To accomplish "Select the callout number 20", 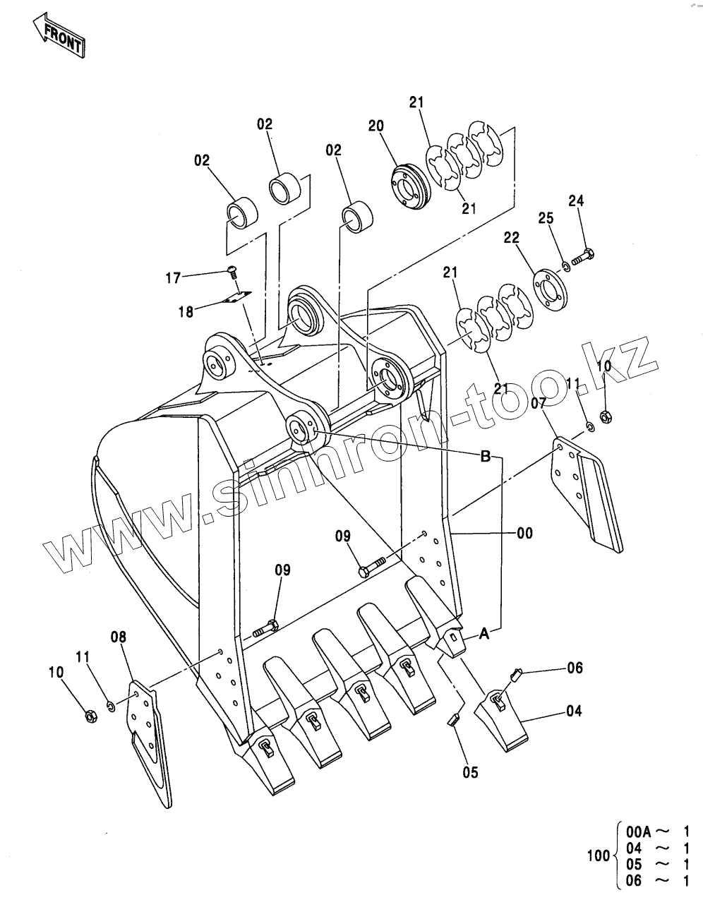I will [375, 126].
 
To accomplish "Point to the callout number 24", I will [576, 201].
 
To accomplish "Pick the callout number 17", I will [173, 278].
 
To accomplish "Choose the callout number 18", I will [186, 311].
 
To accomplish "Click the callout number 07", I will [539, 404].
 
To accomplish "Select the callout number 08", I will [118, 637].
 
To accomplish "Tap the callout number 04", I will [574, 711].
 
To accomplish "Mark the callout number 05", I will [470, 772].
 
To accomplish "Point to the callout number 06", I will [575, 667].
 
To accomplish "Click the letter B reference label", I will [486, 457].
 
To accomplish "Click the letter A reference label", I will [485, 635].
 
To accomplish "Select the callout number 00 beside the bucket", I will [524, 534].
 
